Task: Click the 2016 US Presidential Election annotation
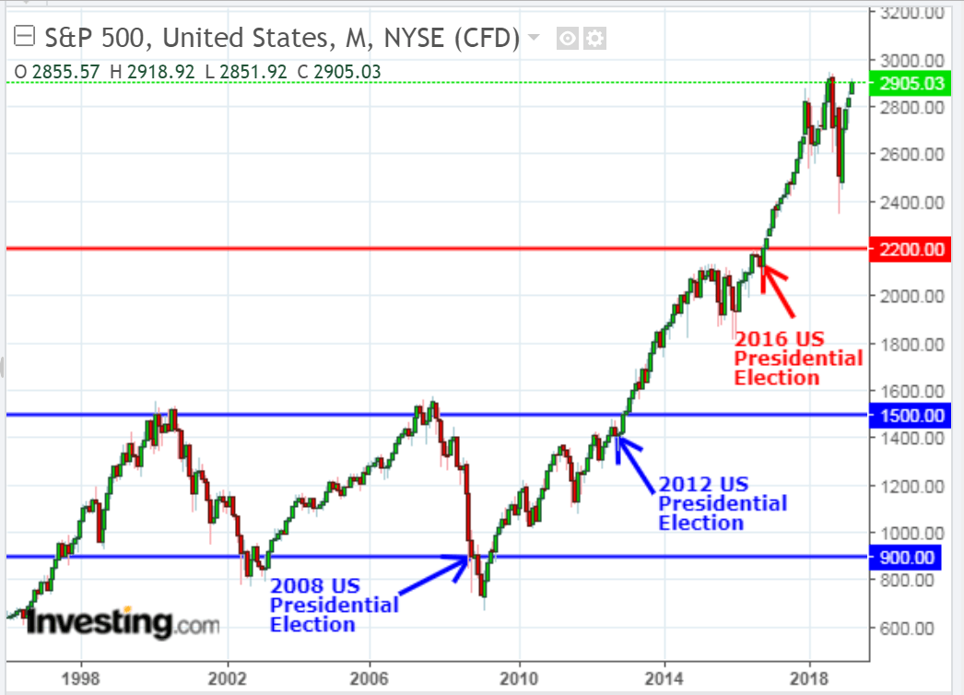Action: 798,358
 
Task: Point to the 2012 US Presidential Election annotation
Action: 722,503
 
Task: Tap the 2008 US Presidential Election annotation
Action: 334,605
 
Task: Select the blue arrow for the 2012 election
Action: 635,460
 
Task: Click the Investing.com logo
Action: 122,624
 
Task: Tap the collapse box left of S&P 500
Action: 25,38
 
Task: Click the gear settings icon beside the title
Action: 595,39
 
